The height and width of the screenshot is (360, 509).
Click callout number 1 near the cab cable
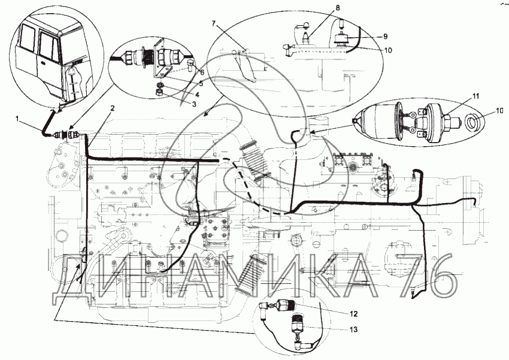pyautogui.click(x=18, y=119)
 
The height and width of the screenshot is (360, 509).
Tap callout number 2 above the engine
pyautogui.click(x=113, y=108)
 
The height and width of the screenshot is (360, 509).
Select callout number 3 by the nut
pyautogui.click(x=194, y=104)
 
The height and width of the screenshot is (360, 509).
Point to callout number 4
pyautogui.click(x=197, y=95)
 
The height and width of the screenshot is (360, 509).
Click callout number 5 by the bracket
pyautogui.click(x=201, y=83)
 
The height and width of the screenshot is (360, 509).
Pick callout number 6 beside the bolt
pyautogui.click(x=202, y=72)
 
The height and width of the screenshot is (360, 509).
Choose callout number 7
pyautogui.click(x=213, y=23)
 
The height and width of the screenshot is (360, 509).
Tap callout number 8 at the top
pyautogui.click(x=338, y=7)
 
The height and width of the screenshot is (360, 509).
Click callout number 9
pyautogui.click(x=385, y=37)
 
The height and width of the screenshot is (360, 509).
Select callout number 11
pyautogui.click(x=475, y=96)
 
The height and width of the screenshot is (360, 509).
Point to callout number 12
pyautogui.click(x=353, y=314)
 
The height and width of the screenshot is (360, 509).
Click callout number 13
pyautogui.click(x=353, y=329)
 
